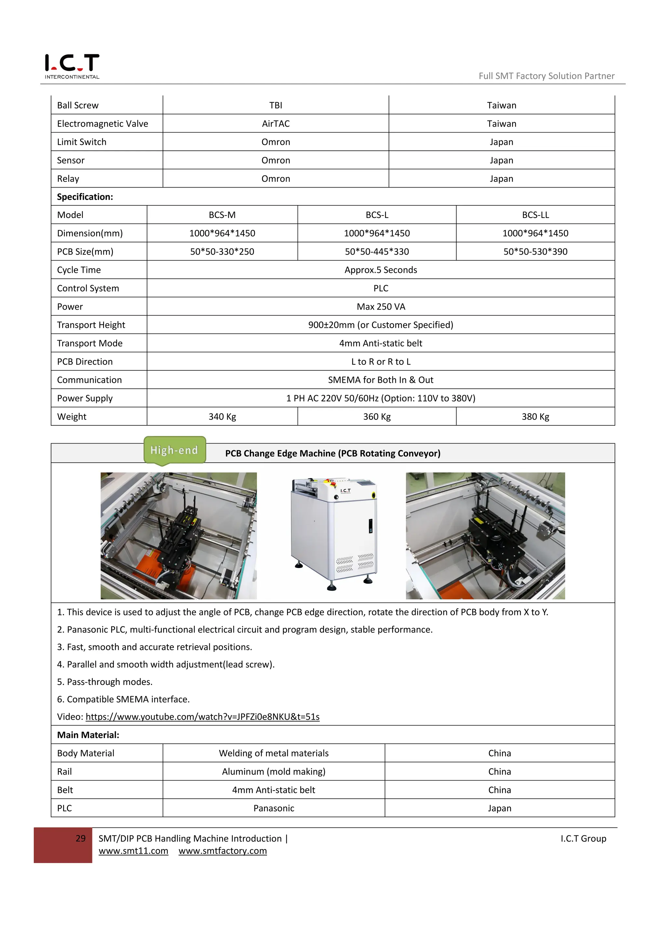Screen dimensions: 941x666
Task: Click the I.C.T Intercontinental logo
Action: [72, 66]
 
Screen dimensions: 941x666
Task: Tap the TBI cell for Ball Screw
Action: [275, 105]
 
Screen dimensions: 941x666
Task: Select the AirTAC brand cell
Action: [275, 124]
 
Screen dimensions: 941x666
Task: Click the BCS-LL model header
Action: [535, 215]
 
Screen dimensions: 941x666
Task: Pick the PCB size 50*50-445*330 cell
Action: [377, 251]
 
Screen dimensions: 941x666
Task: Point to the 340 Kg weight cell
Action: [222, 417]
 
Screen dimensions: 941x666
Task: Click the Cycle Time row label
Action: [79, 270]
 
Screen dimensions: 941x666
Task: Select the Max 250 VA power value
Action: [380, 306]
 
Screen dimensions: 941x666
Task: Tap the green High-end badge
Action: [174, 450]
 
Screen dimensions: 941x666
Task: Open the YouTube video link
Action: [202, 717]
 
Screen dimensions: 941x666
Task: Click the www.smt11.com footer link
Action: [133, 851]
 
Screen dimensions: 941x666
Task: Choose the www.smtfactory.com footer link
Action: [223, 851]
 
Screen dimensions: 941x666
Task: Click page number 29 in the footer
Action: [81, 839]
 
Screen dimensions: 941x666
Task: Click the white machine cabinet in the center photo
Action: [334, 533]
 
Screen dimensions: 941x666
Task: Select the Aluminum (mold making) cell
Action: [273, 772]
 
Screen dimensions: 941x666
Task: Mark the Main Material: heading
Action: [88, 735]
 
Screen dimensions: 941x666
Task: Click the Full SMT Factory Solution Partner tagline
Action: [546, 76]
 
